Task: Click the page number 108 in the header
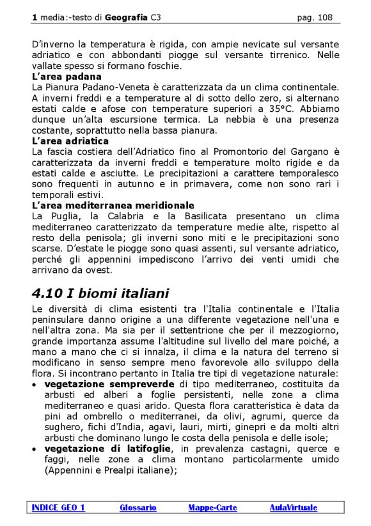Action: pyautogui.click(x=325, y=18)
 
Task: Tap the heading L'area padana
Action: pyautogui.click(x=67, y=77)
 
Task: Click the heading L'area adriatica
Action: pyautogui.click(x=70, y=141)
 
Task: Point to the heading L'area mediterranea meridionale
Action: pyautogui.click(x=113, y=205)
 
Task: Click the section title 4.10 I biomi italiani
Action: pyautogui.click(x=100, y=294)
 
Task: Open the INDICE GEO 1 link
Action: pyautogui.click(x=59, y=508)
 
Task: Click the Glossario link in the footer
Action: pyautogui.click(x=138, y=508)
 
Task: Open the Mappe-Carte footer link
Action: pyautogui.click(x=212, y=508)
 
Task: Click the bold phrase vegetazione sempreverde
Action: pyautogui.click(x=109, y=384)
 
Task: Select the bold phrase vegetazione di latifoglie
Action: pyautogui.click(x=108, y=449)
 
